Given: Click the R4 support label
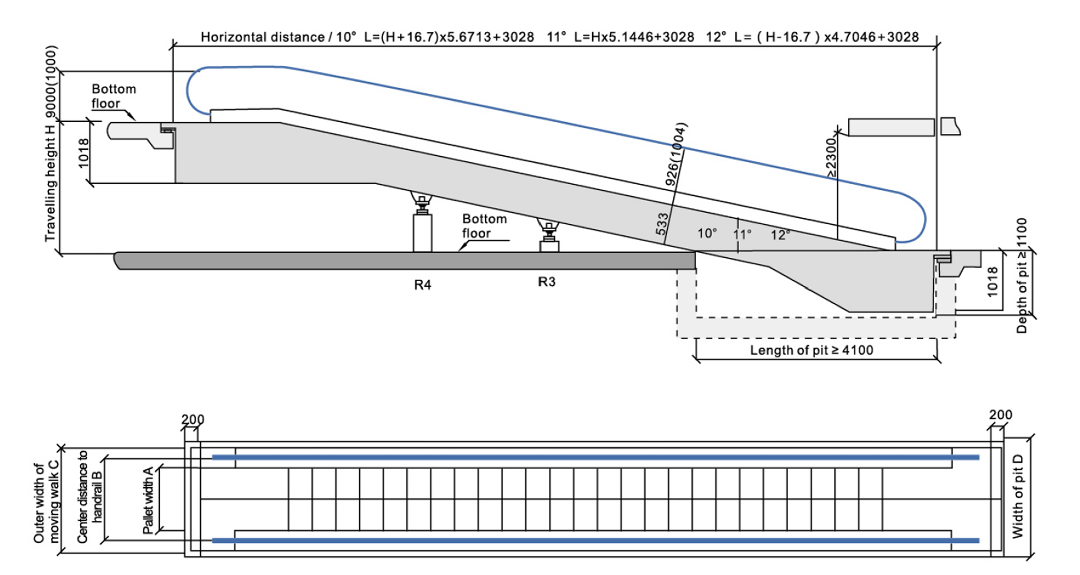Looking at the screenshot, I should (422, 285).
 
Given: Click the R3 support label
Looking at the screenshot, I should (547, 282).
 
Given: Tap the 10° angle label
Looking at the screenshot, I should (707, 233).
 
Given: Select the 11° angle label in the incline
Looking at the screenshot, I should (742, 234).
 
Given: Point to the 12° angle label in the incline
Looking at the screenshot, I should (780, 235).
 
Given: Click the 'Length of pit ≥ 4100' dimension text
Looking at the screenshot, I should (811, 350).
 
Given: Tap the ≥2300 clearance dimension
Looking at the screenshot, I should (831, 158).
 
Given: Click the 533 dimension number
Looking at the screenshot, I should (662, 224).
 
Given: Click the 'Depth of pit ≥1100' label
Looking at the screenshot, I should (1022, 275).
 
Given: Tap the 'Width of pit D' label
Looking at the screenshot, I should (1018, 496).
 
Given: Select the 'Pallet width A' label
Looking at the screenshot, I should (148, 500).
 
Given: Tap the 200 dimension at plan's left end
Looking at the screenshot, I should (193, 419).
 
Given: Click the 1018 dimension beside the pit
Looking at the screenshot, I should (992, 281).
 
